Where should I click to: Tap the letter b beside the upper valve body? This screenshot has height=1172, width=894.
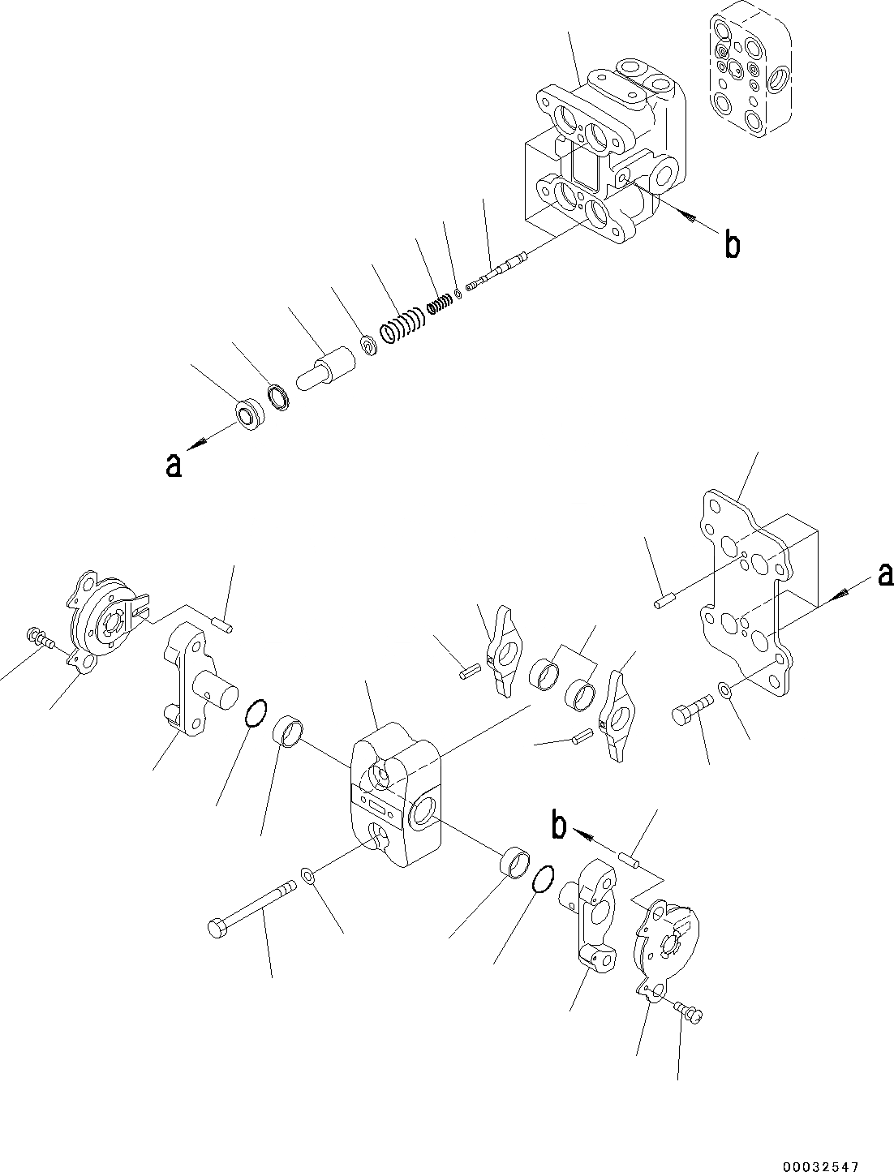(x=732, y=244)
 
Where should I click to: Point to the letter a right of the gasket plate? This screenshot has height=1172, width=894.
(x=885, y=575)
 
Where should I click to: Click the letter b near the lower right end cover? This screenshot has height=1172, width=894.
(x=558, y=826)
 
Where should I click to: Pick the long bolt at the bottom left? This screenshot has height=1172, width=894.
(x=251, y=907)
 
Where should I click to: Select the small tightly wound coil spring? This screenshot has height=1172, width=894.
(x=439, y=303)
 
